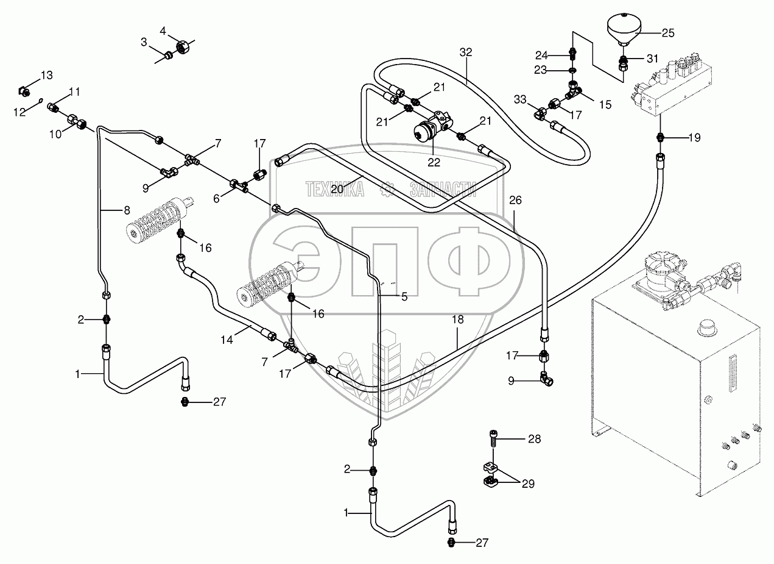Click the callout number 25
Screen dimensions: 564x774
click(x=668, y=33)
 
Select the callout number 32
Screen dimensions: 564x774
click(x=466, y=52)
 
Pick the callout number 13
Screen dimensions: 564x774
click(x=47, y=75)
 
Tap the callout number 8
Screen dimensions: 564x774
click(x=126, y=210)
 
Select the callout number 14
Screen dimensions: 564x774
click(x=227, y=340)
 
